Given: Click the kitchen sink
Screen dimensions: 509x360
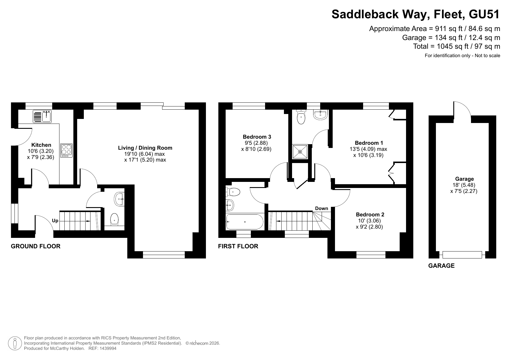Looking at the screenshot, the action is [42, 116].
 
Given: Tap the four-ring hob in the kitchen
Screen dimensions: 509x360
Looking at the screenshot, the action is [66, 151].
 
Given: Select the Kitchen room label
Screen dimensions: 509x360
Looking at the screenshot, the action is [41, 145].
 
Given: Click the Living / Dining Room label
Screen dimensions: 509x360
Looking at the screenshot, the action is [145, 148].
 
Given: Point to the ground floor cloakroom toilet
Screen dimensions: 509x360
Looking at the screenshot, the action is [115, 220].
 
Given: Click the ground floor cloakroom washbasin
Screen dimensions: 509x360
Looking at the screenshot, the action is [119, 199].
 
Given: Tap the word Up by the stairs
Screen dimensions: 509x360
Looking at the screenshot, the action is [55, 221].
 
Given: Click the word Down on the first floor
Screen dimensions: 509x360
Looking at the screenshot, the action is [322, 208].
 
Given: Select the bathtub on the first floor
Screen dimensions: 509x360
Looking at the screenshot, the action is [244, 222].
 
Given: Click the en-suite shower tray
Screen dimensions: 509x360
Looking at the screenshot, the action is [300, 151].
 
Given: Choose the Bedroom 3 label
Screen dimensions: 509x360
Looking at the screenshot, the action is [257, 137].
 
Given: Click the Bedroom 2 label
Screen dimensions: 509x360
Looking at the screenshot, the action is [370, 215].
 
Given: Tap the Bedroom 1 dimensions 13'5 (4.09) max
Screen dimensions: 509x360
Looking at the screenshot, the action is [369, 149].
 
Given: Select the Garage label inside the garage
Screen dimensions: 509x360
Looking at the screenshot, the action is [464, 179].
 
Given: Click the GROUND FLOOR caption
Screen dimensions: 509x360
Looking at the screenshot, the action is [36, 246].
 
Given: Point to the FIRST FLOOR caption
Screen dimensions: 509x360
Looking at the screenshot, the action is [238, 246].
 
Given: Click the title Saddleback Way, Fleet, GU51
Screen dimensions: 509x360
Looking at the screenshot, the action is [416, 14].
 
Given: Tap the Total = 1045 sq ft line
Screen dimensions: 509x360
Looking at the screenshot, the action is [457, 46].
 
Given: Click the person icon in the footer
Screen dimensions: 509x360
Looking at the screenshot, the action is [15, 343].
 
